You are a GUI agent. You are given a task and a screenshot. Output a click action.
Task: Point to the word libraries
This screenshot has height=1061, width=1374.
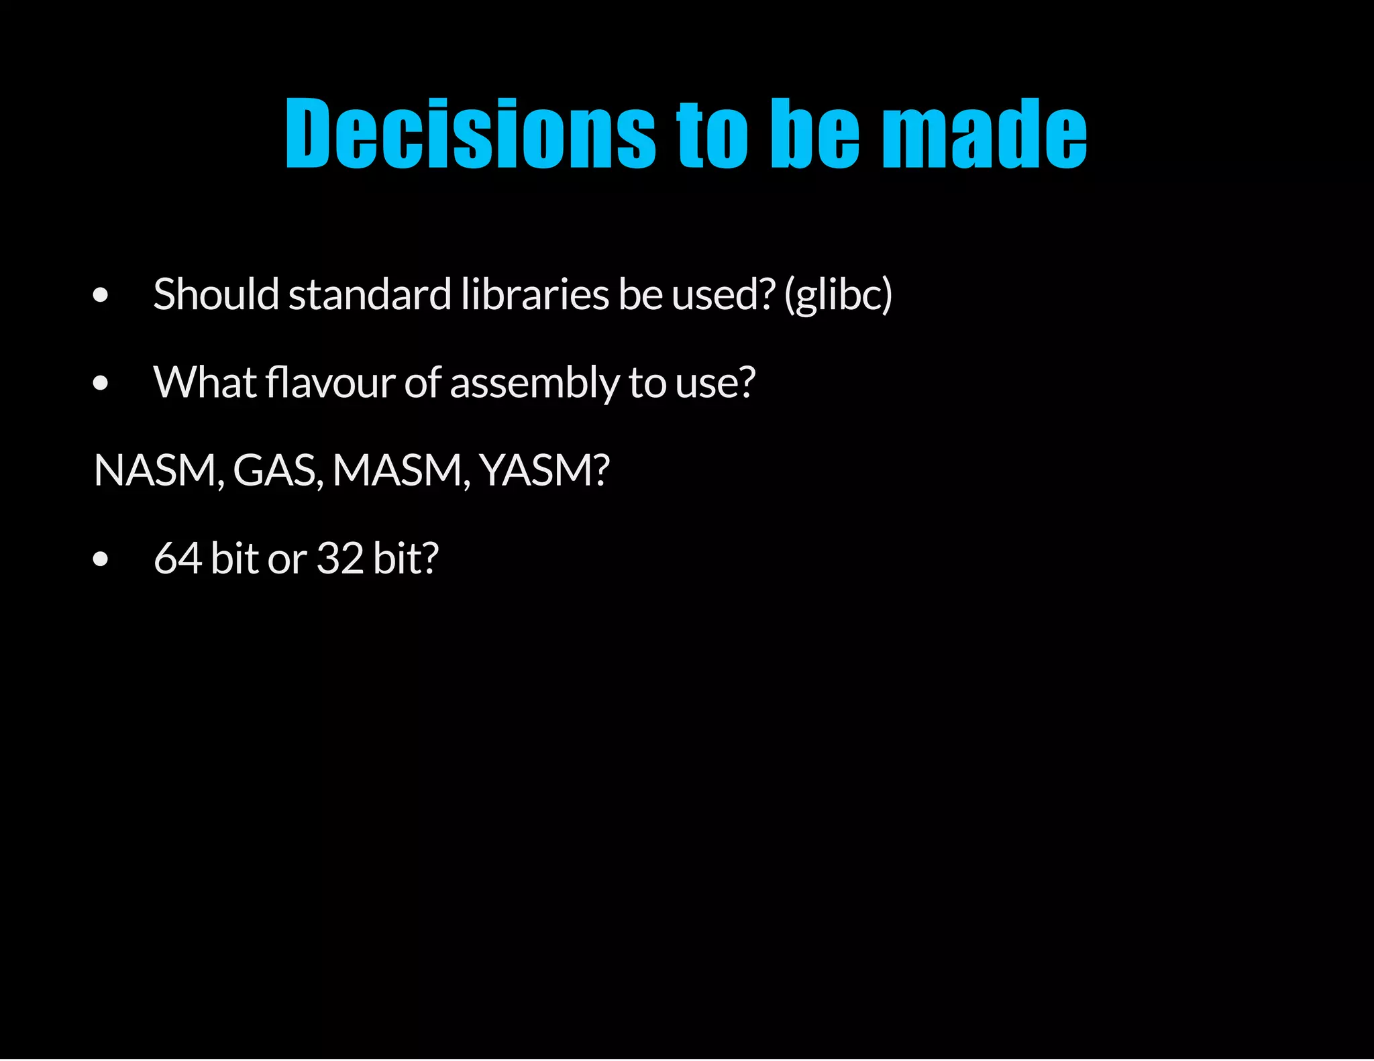pyautogui.click(x=535, y=294)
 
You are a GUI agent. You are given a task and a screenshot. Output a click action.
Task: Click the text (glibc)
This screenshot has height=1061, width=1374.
pyautogui.click(x=839, y=296)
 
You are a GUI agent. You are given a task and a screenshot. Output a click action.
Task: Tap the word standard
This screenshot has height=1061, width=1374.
pyautogui.click(x=370, y=294)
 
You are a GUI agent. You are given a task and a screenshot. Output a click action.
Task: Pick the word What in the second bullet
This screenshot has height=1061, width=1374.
pyautogui.click(x=205, y=382)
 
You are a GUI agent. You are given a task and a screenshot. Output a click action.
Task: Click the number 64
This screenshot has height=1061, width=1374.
pyautogui.click(x=178, y=558)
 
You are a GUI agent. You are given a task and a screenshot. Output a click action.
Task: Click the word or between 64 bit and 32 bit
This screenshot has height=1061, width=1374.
pyautogui.click(x=286, y=559)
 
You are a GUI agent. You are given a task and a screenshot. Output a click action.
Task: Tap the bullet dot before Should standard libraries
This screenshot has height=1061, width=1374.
pyautogui.click(x=101, y=295)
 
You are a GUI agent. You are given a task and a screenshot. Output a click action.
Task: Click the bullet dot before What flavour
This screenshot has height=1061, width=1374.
pyautogui.click(x=101, y=383)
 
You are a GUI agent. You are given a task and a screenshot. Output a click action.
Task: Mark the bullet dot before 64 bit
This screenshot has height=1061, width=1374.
pyautogui.click(x=101, y=559)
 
